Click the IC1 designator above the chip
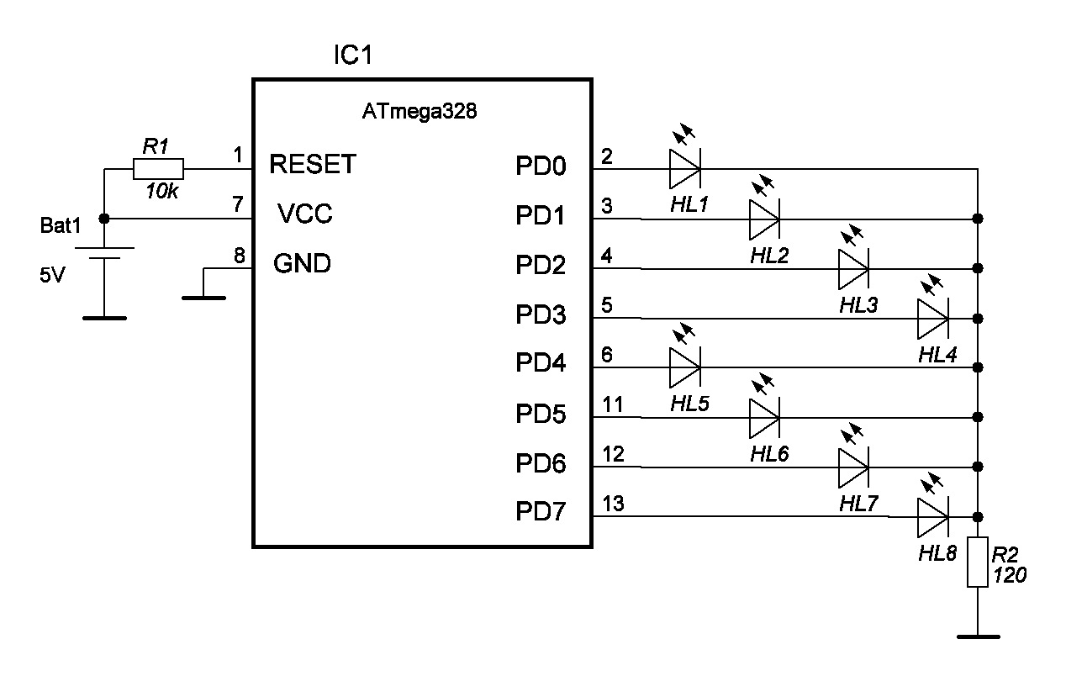pyautogui.click(x=353, y=56)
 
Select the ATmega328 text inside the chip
pyautogui.click(x=420, y=111)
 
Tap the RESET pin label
pyautogui.click(x=313, y=164)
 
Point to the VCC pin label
pyautogui.click(x=305, y=214)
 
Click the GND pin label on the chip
pyautogui.click(x=303, y=264)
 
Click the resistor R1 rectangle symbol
pyautogui.click(x=158, y=169)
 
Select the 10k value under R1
pyautogui.click(x=161, y=192)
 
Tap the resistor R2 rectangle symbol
pyautogui.click(x=977, y=562)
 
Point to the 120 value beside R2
pyautogui.click(x=1010, y=576)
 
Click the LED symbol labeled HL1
pyautogui.click(x=684, y=168)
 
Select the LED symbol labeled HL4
pyautogui.click(x=932, y=318)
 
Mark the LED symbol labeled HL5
pyautogui.click(x=684, y=367)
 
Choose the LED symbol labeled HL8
pyautogui.click(x=932, y=516)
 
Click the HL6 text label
pyautogui.click(x=769, y=455)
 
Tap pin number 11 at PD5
pyautogui.click(x=613, y=404)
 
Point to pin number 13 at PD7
pyautogui.click(x=614, y=504)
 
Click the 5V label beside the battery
pyautogui.click(x=51, y=275)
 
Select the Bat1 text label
pyautogui.click(x=61, y=227)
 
